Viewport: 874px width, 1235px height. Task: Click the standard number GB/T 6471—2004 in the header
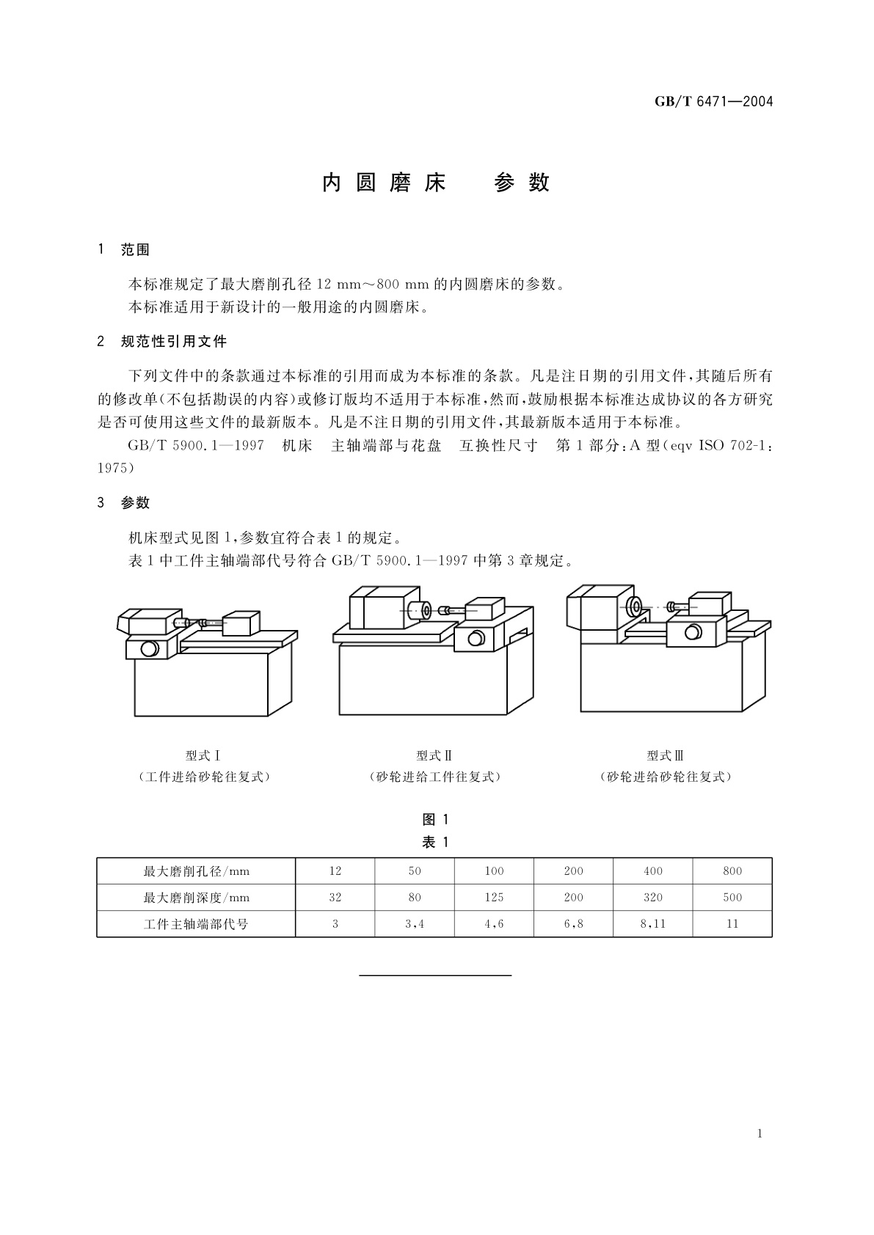coord(714,102)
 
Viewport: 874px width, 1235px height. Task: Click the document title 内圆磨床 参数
coord(436,183)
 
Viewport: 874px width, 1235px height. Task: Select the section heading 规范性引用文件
coord(173,342)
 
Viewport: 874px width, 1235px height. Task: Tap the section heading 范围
coord(135,250)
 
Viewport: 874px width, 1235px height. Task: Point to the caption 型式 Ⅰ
coord(203,755)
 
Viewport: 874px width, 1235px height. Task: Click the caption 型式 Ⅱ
coord(434,755)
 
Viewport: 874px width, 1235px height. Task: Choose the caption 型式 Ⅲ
coord(666,755)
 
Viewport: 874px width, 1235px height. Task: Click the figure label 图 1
coord(436,820)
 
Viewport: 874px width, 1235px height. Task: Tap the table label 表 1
coord(436,842)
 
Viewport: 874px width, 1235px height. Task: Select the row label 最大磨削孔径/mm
coord(196,871)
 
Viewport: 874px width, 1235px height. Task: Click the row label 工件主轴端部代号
coord(196,924)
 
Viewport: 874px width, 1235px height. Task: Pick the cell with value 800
coord(732,871)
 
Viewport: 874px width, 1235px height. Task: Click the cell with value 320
coord(653,898)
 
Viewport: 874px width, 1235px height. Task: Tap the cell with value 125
coord(494,898)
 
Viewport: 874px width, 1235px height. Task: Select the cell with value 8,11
coord(653,924)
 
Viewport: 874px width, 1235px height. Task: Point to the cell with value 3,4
coord(415,924)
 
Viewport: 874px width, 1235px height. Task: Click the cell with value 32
coord(335,898)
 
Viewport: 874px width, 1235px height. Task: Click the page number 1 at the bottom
coord(760,1134)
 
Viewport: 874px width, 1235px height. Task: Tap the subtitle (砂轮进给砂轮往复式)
coord(666,777)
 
